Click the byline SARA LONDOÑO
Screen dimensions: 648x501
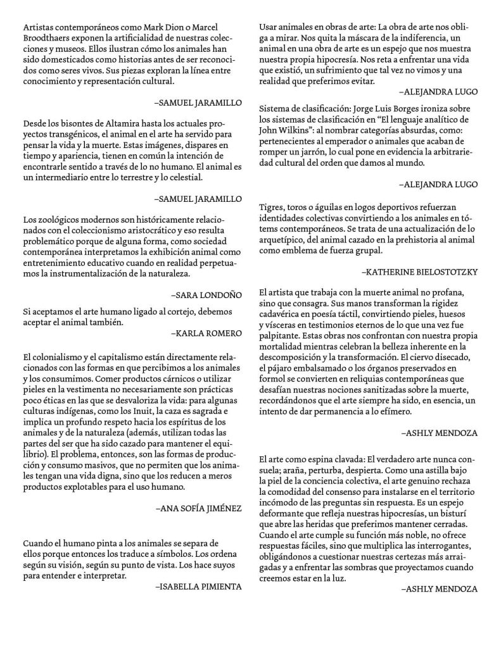click(x=206, y=294)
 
